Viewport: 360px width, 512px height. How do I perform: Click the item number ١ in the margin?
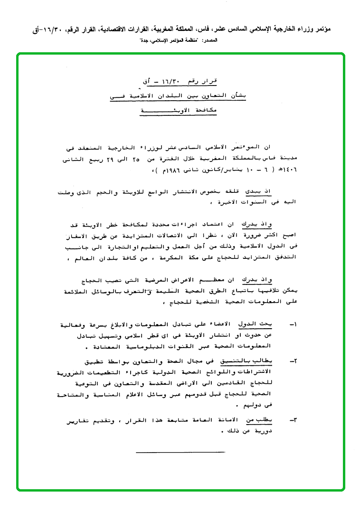293,324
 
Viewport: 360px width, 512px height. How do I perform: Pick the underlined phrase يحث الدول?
262,324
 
